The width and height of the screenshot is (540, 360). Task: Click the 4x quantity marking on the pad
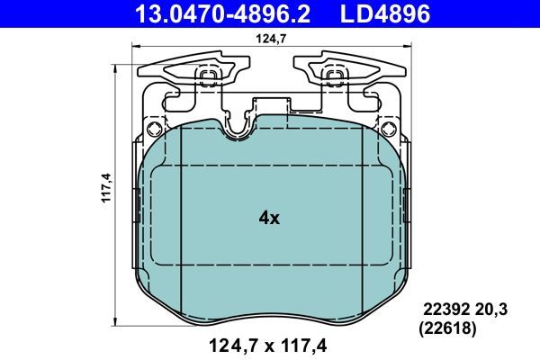point(269,218)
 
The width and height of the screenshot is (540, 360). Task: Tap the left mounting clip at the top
point(196,72)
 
